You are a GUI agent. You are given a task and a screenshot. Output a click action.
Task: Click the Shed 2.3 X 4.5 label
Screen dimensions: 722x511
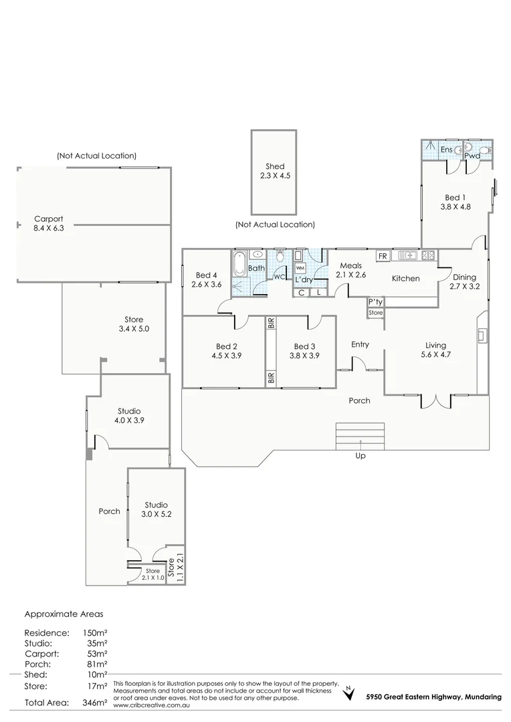click(x=274, y=171)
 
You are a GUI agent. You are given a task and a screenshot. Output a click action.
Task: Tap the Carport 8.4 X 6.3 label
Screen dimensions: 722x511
click(x=49, y=224)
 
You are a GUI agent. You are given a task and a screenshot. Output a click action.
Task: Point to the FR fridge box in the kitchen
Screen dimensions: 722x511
click(x=383, y=256)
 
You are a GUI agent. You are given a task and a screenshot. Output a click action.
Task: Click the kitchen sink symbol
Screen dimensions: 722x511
click(x=407, y=255)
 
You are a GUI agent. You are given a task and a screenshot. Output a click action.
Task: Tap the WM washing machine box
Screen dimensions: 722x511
click(x=300, y=267)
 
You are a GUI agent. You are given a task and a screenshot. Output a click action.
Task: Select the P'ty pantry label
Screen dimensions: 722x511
click(x=375, y=302)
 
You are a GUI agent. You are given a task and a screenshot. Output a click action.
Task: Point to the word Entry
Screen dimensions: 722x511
click(x=360, y=344)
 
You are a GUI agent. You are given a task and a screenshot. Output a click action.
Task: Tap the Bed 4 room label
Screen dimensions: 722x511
click(x=206, y=279)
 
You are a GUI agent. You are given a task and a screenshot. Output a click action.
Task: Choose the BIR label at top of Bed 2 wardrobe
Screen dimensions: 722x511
click(x=271, y=324)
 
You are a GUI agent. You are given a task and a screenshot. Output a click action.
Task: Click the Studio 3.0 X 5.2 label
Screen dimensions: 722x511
click(x=156, y=509)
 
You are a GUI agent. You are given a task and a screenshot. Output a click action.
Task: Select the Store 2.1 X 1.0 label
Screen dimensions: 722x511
click(x=153, y=574)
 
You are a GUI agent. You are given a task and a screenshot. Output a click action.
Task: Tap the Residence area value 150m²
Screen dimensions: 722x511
click(x=93, y=632)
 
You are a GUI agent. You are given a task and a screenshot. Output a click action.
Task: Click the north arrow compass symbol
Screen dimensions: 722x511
click(x=348, y=694)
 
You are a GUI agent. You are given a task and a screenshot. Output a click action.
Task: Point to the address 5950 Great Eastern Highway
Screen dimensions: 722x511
click(x=433, y=697)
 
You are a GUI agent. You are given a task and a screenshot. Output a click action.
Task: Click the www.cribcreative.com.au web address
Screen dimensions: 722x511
click(x=151, y=705)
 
